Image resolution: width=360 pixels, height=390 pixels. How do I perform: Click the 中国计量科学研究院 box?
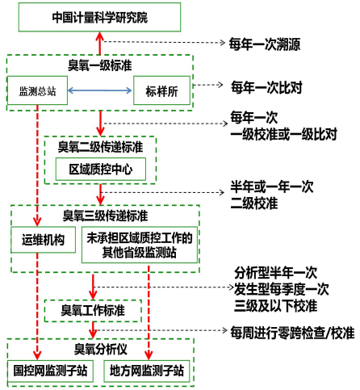tap(99, 16)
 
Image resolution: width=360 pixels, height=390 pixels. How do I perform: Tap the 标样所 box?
tap(162, 90)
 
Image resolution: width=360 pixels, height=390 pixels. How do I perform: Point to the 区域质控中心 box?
tap(100, 170)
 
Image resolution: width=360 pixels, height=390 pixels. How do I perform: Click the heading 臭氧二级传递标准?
tap(100, 147)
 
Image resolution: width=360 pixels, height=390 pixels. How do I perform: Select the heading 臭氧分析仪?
tap(100, 349)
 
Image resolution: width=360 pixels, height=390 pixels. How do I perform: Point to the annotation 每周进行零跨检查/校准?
tap(291, 332)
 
